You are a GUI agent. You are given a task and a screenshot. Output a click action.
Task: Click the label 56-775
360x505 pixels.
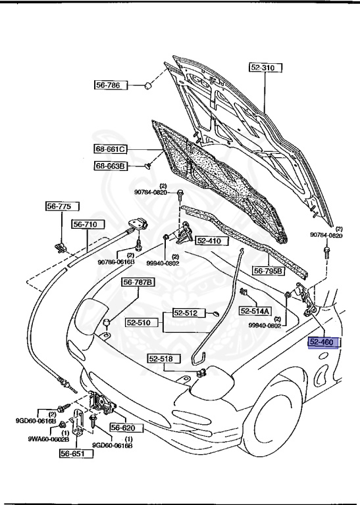point(58,206)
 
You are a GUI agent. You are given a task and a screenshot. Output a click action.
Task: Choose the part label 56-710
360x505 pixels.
point(85,224)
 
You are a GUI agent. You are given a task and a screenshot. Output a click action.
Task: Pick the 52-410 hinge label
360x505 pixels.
point(209,241)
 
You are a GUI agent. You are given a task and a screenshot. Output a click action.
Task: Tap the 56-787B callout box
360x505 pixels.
point(138,283)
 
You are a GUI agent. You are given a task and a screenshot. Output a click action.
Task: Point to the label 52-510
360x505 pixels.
point(139,323)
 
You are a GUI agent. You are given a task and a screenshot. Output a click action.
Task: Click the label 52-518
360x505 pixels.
point(160,358)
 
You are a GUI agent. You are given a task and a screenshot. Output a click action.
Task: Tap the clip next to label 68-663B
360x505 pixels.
point(147,166)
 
